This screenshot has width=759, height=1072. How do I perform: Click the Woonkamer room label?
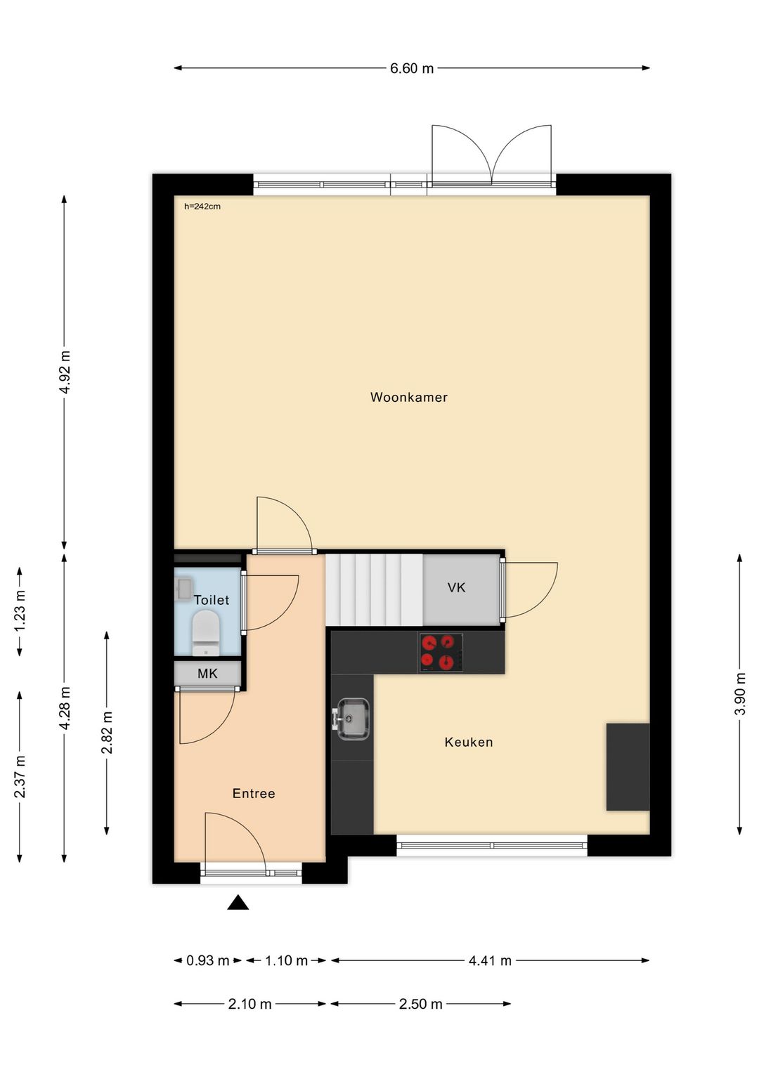coord(408,397)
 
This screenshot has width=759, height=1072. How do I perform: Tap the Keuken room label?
coord(468,742)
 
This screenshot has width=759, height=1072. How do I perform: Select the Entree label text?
coord(254,793)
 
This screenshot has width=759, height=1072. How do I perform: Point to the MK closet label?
coord(207,674)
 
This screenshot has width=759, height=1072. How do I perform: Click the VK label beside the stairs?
coord(456,587)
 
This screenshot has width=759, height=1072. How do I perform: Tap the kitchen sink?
coord(352,719)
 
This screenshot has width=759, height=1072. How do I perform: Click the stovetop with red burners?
coord(441,653)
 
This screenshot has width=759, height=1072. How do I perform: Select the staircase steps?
coord(373,589)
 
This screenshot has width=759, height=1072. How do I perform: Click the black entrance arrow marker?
coord(238,903)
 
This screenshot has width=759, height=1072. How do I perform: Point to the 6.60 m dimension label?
coord(412,68)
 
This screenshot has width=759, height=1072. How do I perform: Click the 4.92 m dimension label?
coord(65,372)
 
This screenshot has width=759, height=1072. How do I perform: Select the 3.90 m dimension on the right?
coord(739,693)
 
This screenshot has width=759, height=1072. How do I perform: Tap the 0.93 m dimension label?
coord(207,960)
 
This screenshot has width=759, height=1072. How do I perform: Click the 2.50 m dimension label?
coord(420,1004)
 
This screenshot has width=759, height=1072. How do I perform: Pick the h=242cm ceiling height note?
coord(202,207)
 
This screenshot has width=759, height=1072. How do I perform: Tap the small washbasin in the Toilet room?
coord(183,588)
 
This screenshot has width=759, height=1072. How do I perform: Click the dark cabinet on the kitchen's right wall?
coord(628,766)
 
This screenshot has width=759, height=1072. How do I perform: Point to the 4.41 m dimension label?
coord(490,960)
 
